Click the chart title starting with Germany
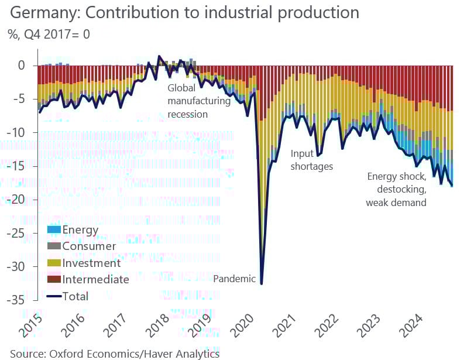pyautogui.click(x=184, y=13)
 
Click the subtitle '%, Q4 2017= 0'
pyautogui.click(x=49, y=34)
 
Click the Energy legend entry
pyautogui.click(x=80, y=229)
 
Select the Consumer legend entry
pyautogui.click(x=89, y=246)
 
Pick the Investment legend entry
pyautogui.click(x=91, y=263)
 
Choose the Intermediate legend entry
pyautogui.click(x=95, y=279)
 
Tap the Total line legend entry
pyautogui.click(x=75, y=296)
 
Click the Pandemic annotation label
pyautogui.click(x=234, y=279)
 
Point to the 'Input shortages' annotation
pyautogui.click(x=311, y=160)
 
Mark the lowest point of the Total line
pyautogui.click(x=261, y=284)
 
